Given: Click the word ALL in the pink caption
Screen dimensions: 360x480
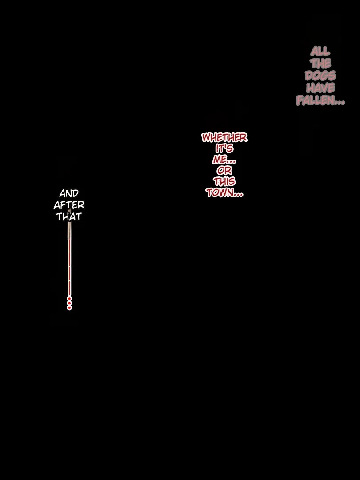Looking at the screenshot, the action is (320, 51).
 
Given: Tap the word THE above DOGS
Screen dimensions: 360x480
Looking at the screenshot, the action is (320, 64).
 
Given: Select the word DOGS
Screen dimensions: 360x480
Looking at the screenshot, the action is (320, 76).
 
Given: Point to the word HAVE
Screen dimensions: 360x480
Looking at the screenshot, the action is (320, 88).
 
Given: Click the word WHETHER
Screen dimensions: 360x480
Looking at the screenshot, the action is (224, 137).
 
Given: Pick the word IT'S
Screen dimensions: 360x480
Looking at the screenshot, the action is (224, 148).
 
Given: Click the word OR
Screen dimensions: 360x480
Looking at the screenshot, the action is (224, 171).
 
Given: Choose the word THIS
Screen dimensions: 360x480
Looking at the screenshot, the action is (224, 181).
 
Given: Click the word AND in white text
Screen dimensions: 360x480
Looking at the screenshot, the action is (69, 193).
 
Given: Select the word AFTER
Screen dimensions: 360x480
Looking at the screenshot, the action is (69, 205).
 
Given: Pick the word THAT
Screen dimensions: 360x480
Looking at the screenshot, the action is (69, 217).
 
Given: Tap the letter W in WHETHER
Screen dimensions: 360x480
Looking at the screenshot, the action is (207, 137).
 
